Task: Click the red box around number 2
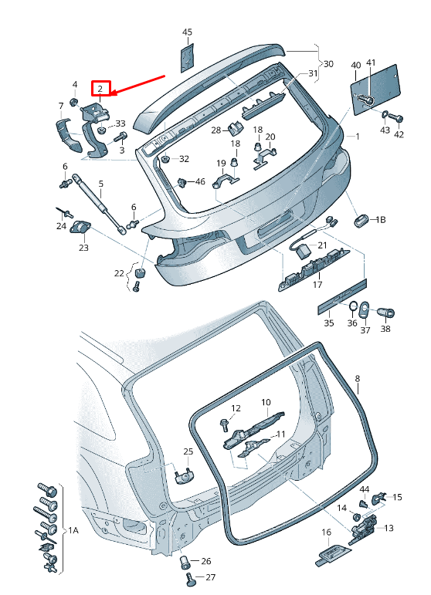100,89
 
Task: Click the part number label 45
187,32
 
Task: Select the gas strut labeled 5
100,205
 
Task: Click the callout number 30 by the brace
328,64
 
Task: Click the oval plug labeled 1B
361,220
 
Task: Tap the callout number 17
317,284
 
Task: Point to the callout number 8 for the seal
358,378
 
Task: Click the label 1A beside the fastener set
73,530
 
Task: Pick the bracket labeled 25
185,475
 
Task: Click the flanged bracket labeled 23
80,227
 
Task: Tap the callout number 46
200,181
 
